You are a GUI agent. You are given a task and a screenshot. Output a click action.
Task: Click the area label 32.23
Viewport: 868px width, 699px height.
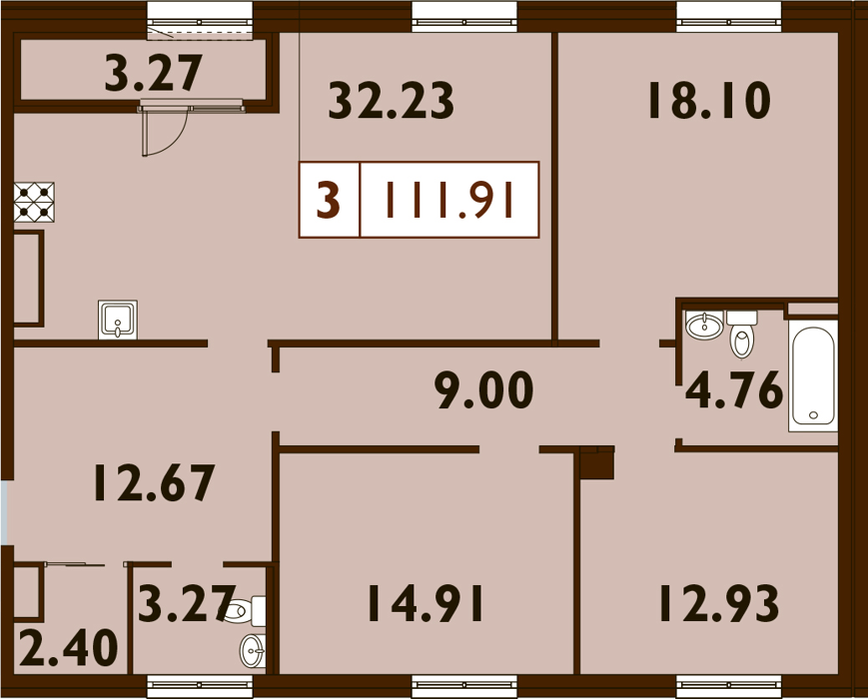coord(391,100)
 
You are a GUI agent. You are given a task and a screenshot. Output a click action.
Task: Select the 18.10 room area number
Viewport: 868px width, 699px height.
coord(709,100)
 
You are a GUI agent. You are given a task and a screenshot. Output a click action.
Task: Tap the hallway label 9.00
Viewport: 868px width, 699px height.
coord(485,390)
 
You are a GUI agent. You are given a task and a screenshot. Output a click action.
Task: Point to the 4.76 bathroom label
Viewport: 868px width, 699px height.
coord(734,390)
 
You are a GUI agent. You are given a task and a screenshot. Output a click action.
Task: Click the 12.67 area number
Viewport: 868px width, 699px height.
coord(154,482)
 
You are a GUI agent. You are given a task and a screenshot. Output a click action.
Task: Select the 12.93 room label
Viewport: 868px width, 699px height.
coord(719,603)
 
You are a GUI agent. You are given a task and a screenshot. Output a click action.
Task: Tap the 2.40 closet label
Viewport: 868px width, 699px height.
coord(69,647)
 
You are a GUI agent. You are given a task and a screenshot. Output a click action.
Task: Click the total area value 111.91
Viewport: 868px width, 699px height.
coord(449,200)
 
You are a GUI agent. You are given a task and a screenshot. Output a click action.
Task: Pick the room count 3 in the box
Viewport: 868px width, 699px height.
coord(329,200)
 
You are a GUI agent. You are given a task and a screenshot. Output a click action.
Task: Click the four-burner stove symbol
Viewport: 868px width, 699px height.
coord(34,202)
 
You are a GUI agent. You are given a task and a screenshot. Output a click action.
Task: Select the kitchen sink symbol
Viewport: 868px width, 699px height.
coord(117,320)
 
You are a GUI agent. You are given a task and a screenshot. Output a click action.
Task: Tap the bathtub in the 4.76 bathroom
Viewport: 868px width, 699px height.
coord(813,375)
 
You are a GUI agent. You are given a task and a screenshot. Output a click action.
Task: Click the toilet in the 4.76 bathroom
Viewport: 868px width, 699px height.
coord(742,334)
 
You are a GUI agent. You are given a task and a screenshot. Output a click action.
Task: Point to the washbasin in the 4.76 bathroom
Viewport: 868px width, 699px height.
coord(704,325)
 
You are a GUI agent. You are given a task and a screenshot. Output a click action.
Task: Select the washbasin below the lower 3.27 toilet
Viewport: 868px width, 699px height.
coord(253,651)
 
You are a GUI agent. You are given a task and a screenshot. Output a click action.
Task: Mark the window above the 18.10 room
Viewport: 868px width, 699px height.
coord(729,17)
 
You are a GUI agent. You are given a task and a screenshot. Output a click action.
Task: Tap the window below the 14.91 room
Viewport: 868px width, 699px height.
coord(464,686)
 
